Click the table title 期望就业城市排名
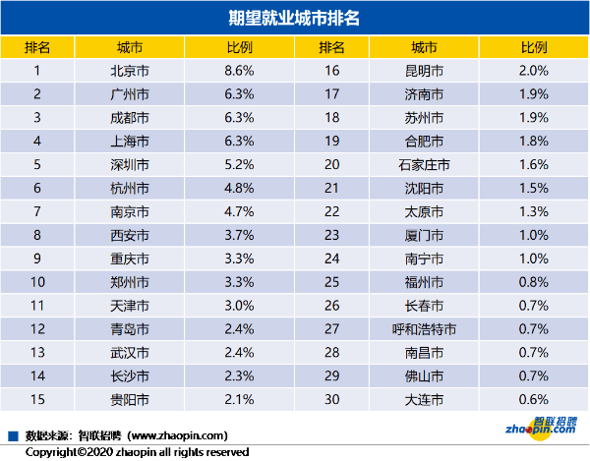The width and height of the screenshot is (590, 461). (294, 18)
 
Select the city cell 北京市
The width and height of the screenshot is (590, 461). (130, 71)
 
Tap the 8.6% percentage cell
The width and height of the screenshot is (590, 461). (240, 71)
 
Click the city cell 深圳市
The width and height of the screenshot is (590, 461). (130, 164)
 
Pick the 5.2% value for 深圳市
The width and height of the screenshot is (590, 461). (240, 164)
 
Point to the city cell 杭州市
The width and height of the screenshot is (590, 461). (130, 188)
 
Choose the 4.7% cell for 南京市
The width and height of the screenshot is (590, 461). (240, 211)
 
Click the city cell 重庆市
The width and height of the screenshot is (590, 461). (130, 259)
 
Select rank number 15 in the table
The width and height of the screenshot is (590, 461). (37, 400)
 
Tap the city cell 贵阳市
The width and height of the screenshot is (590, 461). (130, 400)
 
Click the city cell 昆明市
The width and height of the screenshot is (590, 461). (425, 71)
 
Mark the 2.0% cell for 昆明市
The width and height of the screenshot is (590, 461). (533, 71)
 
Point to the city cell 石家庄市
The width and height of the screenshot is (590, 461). (425, 164)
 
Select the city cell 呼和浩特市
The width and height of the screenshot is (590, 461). (425, 329)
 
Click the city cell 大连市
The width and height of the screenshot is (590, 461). (425, 400)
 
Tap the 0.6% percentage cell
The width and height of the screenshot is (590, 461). (533, 400)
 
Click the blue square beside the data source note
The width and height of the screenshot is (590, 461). (13, 433)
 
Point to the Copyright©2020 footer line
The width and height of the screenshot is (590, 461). (137, 451)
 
